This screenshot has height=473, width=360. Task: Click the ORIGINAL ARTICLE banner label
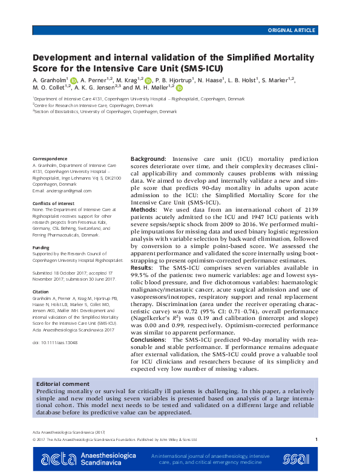pyautogui.click(x=292, y=30)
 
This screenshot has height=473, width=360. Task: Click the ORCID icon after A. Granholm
pyautogui.click(x=74, y=80)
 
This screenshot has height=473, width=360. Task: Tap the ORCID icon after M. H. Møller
pyautogui.click(x=179, y=88)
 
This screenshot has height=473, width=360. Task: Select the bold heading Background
pyautogui.click(x=149, y=158)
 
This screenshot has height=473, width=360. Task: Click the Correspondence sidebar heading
pyautogui.click(x=50, y=158)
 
